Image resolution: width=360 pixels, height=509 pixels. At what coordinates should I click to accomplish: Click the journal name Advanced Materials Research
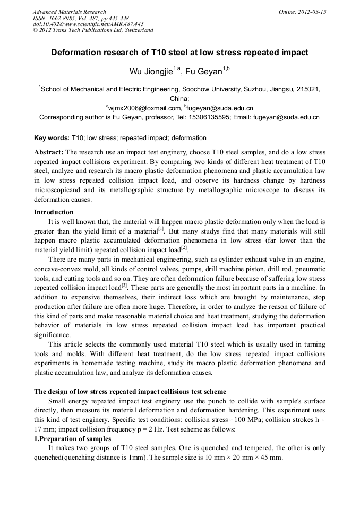[x=69, y=12]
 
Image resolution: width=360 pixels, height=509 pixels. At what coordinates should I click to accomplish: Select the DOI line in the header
[x=88, y=24]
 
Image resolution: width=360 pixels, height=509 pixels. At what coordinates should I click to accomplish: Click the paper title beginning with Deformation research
[x=179, y=53]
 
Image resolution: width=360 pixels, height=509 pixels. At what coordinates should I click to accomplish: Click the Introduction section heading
[x=54, y=212]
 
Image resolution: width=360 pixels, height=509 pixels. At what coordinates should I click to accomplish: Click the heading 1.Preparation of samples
[x=73, y=439]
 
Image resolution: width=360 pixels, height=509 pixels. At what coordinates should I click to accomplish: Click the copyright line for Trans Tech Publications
[x=93, y=30]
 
